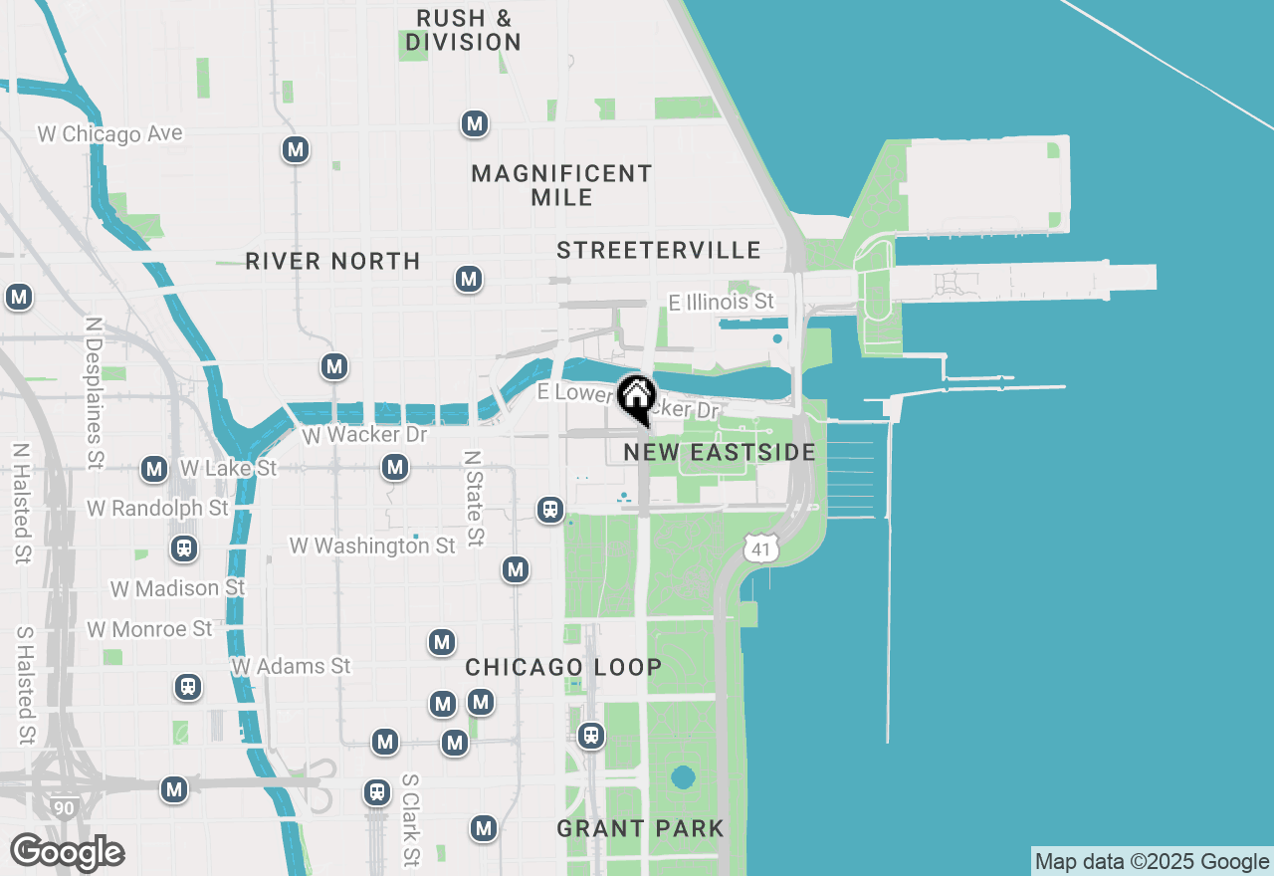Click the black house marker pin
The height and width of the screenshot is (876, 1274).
(636, 398)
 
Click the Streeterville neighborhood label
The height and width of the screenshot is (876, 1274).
(659, 250)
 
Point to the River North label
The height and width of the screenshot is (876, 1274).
(332, 261)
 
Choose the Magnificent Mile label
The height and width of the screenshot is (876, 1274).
(561, 185)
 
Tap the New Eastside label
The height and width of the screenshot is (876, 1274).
(720, 453)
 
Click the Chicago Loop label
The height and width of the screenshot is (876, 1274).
(563, 667)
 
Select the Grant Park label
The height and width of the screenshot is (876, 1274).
(640, 828)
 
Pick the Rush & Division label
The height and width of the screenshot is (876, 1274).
(464, 30)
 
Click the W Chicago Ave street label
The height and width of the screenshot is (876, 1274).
(110, 133)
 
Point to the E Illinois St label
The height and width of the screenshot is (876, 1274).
(722, 301)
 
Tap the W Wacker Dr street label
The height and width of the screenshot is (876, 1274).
(363, 435)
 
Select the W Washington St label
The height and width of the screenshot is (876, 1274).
(372, 546)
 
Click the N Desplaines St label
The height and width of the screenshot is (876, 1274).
(95, 393)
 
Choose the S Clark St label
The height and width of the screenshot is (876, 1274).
(410, 819)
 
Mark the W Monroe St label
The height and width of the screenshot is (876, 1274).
(150, 629)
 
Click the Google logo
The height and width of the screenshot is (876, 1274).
(67, 853)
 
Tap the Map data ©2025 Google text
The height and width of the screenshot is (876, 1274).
(1152, 862)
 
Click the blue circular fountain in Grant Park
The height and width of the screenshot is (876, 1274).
(682, 776)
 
